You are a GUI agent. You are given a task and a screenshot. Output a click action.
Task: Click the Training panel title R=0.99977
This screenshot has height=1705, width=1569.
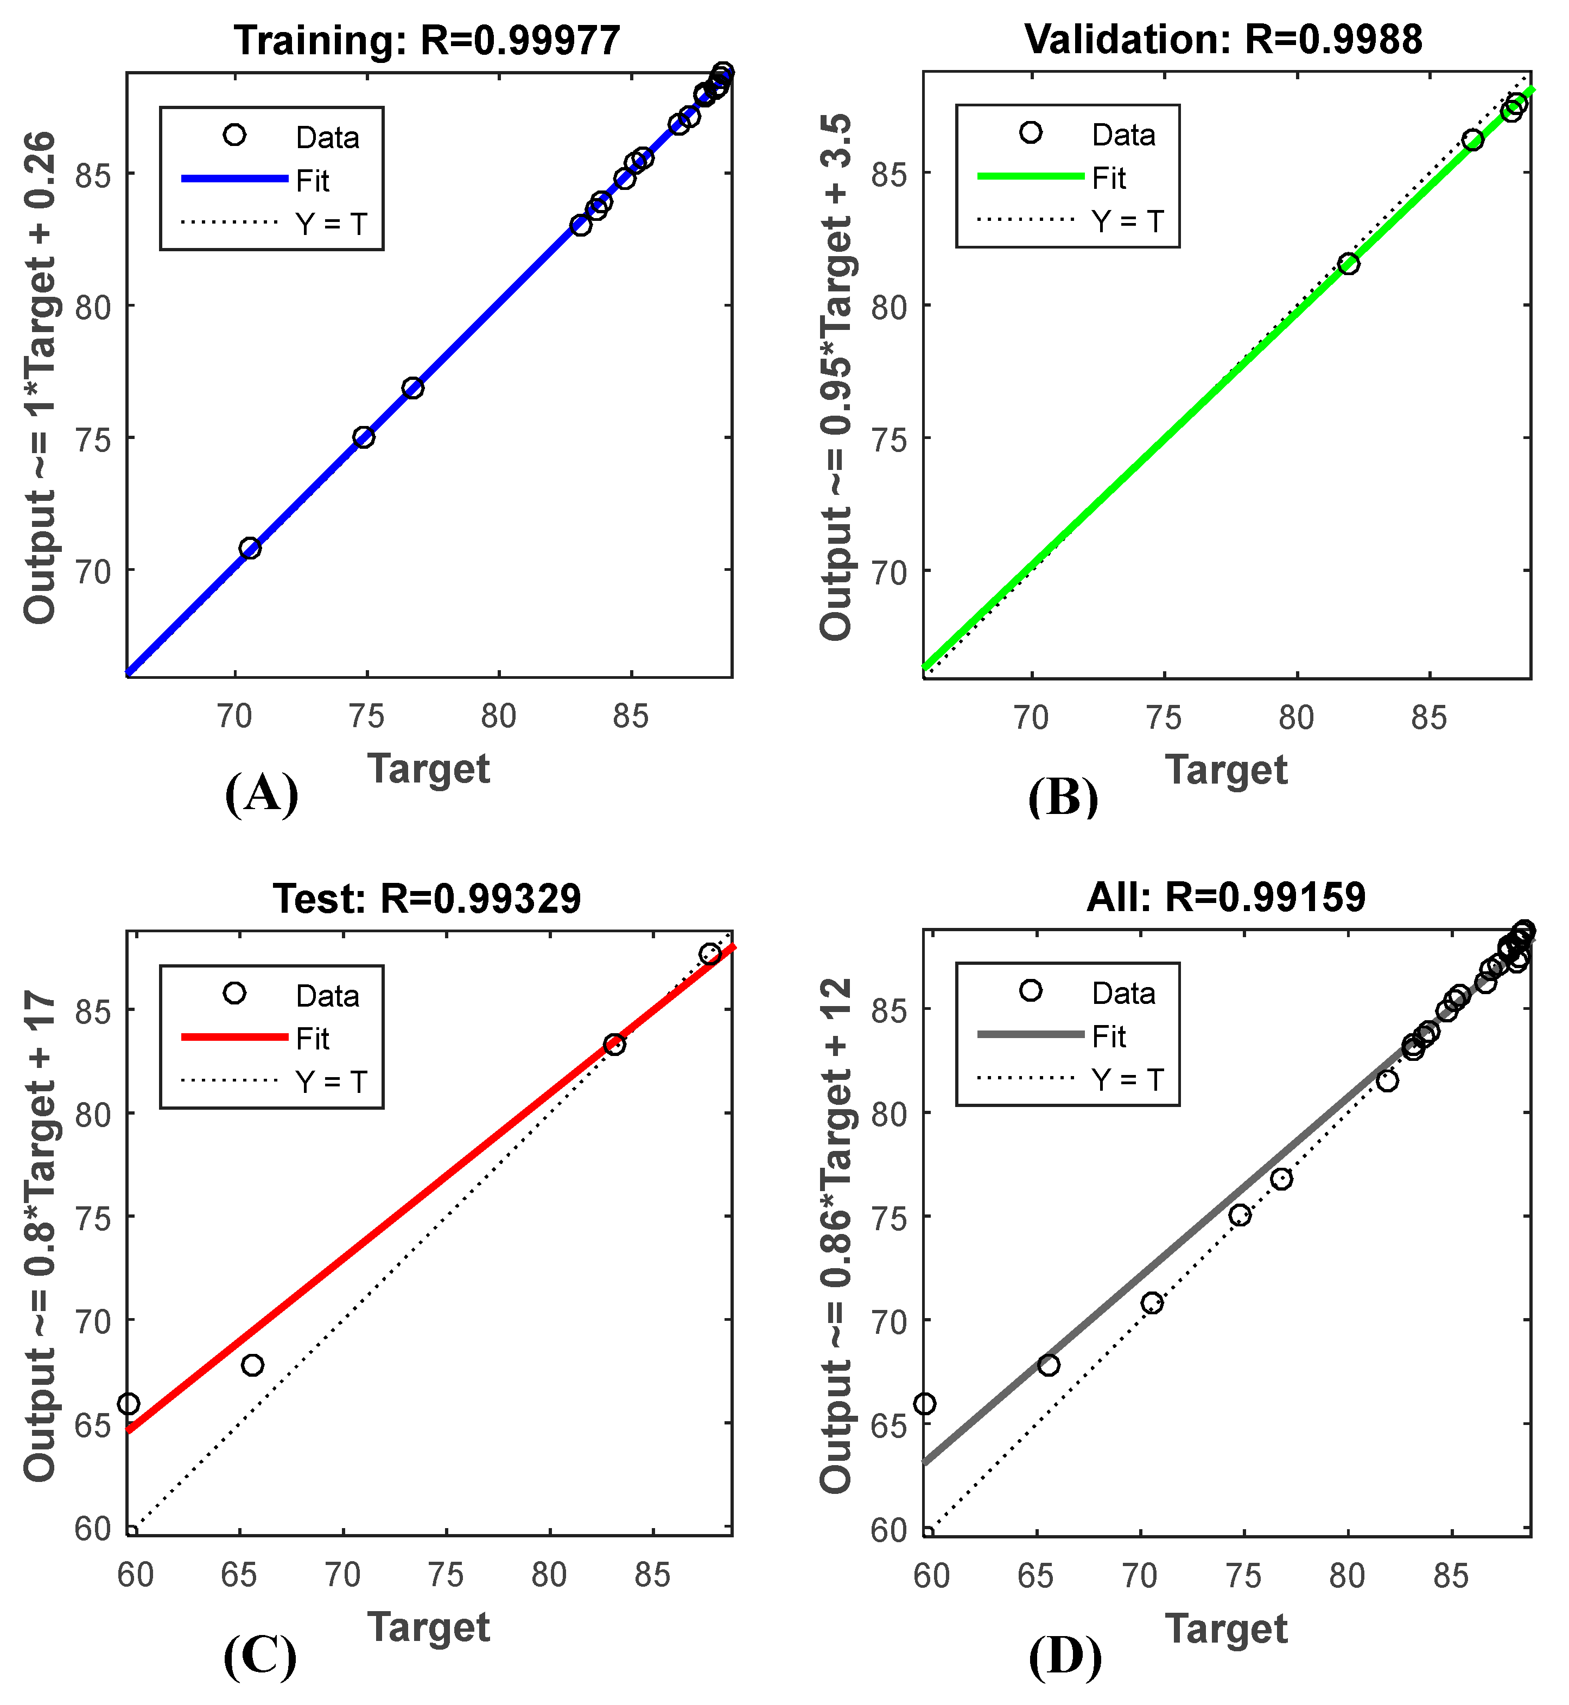click(x=427, y=40)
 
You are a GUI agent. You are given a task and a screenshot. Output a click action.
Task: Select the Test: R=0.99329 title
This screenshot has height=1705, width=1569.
click(x=427, y=898)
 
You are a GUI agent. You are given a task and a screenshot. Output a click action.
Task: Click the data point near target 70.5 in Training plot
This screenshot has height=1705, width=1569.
click(x=250, y=549)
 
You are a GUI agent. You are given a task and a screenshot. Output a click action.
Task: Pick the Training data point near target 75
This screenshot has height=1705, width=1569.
click(x=364, y=437)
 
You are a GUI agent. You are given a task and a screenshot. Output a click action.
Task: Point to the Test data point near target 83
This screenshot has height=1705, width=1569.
click(x=615, y=1045)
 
